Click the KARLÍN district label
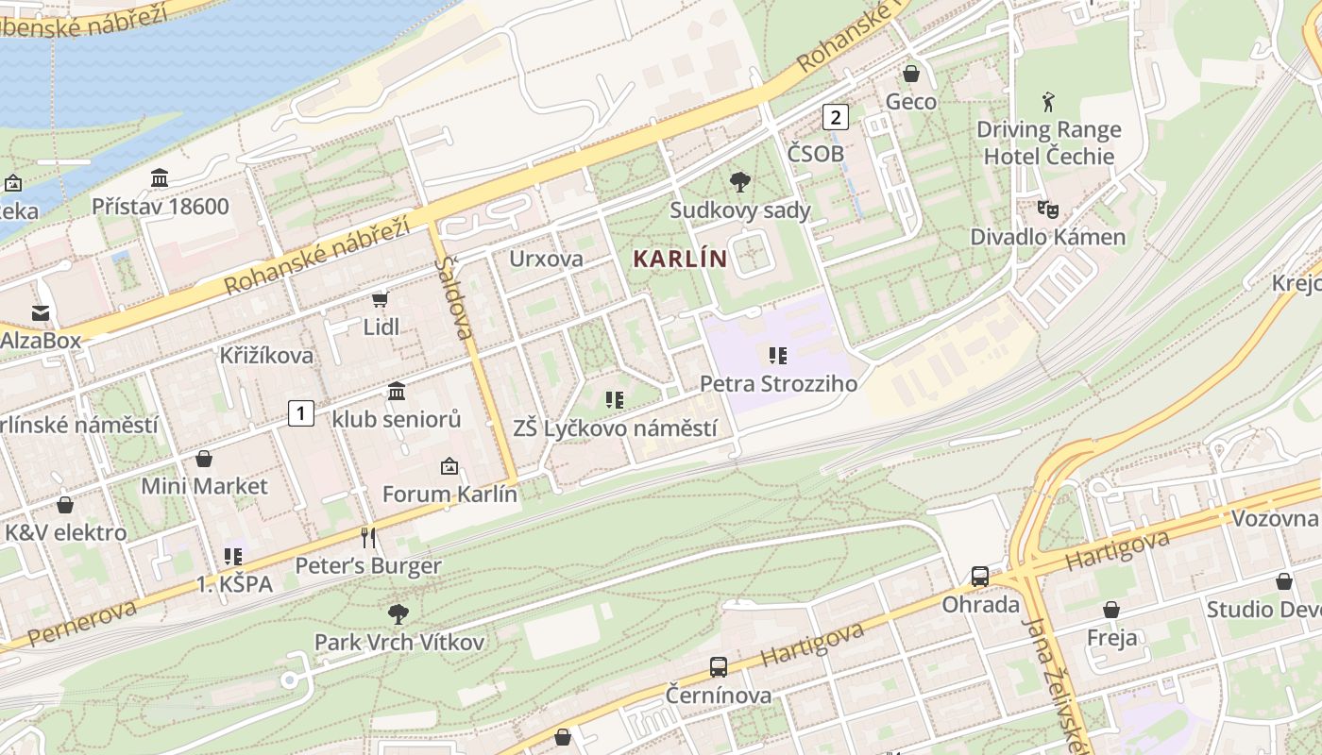tap(680, 259)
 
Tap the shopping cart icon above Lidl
tap(381, 300)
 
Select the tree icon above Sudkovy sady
tap(740, 182)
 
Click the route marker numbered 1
tap(300, 412)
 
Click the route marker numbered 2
tap(835, 117)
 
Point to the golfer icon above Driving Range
tap(1048, 102)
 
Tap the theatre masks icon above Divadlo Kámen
tap(1047, 209)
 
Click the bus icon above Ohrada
tap(980, 577)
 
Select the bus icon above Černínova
tap(719, 667)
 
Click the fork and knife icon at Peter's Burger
tap(368, 538)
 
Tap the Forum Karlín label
tap(449, 494)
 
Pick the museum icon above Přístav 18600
tap(160, 178)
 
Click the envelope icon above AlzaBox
tap(41, 312)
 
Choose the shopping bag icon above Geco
tap(911, 74)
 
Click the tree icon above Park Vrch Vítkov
tap(398, 614)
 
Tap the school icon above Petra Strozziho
tap(778, 356)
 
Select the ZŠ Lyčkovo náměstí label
tap(615, 428)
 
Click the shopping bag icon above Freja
tap(1111, 610)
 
